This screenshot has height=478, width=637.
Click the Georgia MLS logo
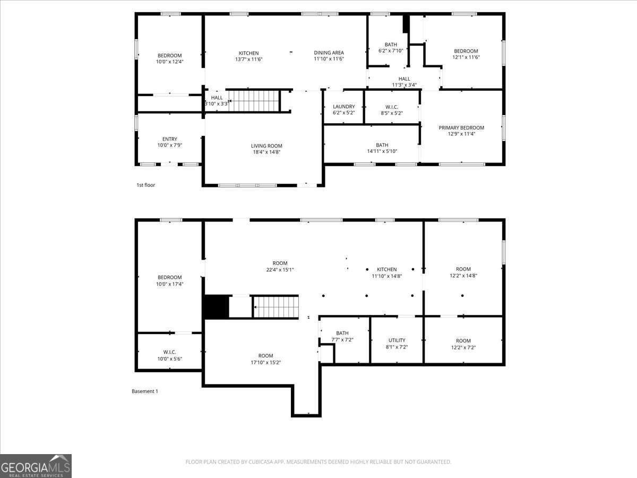click(x=36, y=466)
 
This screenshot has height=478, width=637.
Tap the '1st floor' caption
click(x=146, y=185)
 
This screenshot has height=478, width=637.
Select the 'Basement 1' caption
click(x=145, y=391)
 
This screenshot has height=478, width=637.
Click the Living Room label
click(x=266, y=146)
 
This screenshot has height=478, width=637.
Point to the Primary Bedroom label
click(x=461, y=127)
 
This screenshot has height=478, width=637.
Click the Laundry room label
click(x=343, y=107)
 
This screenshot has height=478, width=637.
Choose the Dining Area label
click(x=329, y=53)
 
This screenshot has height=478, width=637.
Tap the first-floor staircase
click(x=254, y=100)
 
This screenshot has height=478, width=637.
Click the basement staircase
click(x=276, y=308)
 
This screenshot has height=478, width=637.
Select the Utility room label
click(x=397, y=340)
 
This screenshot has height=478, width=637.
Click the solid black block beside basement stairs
click(x=216, y=307)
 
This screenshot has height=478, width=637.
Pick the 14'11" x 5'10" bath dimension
click(x=382, y=151)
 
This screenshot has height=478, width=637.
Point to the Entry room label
click(x=170, y=139)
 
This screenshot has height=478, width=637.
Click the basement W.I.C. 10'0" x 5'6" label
click(x=169, y=355)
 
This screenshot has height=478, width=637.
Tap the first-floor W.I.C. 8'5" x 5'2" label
click(x=392, y=110)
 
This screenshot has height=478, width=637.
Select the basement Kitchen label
click(x=387, y=269)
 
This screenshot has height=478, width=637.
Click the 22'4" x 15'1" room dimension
click(x=280, y=270)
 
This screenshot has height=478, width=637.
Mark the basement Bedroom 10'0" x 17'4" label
click(x=169, y=280)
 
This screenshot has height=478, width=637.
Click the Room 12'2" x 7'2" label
click(x=463, y=344)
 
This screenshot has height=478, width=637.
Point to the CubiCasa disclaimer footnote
click(x=318, y=462)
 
